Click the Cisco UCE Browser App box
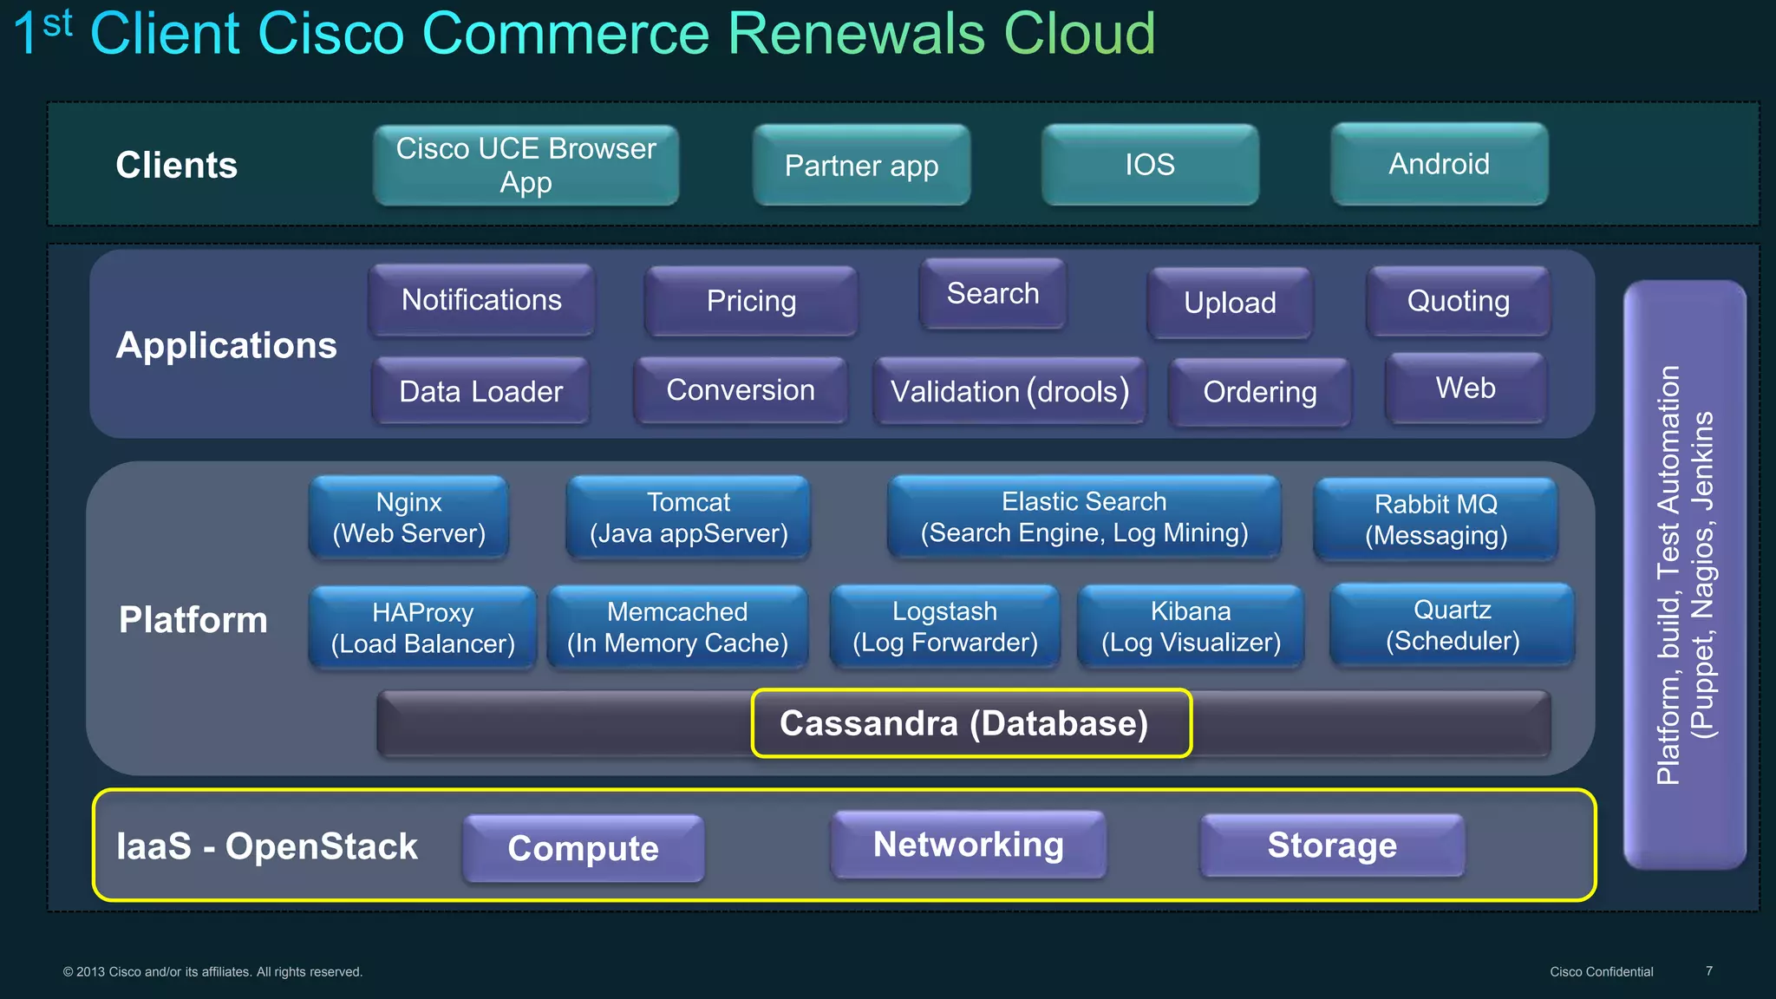[526, 165]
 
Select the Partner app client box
[861, 165]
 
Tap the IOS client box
[1150, 164]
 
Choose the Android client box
[1440, 164]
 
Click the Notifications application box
[481, 300]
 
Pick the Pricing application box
[751, 301]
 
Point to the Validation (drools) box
[1009, 391]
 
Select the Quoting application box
[1459, 301]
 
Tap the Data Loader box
[480, 391]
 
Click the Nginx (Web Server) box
[408, 518]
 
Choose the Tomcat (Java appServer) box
[689, 518]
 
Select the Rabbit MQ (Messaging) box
[1436, 519]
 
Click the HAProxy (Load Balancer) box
[422, 628]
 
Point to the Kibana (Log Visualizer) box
[1191, 627]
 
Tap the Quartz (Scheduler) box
[1453, 625]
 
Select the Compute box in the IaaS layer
[583, 848]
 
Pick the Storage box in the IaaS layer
[1332, 846]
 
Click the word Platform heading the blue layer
[193, 620]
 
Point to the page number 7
[1708, 971]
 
